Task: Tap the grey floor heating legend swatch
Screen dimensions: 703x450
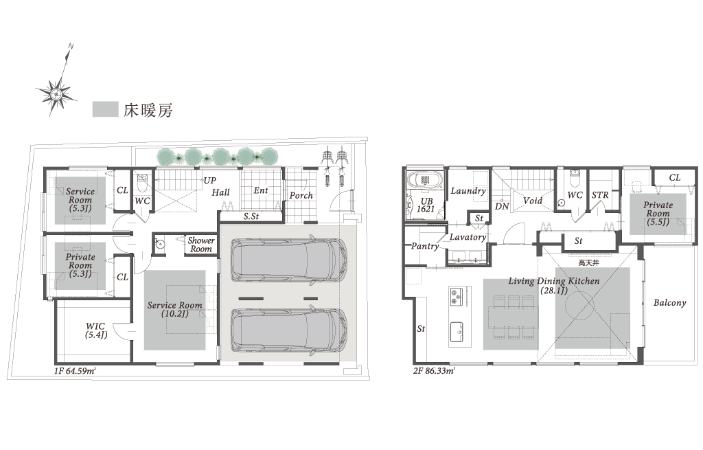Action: [105, 109]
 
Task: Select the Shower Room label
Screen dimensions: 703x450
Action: [201, 245]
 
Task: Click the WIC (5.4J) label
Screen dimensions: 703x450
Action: [96, 330]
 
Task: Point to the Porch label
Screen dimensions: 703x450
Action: [301, 196]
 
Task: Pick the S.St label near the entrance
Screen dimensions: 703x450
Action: [251, 216]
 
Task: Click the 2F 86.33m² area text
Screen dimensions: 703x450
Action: [434, 371]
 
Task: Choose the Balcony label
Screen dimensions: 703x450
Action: [669, 303]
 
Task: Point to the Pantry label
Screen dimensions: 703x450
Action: [425, 246]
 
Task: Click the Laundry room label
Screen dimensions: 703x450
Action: [468, 191]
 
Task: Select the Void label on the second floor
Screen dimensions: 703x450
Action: [533, 201]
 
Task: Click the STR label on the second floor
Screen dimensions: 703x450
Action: [600, 195]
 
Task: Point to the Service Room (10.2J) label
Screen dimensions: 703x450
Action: [174, 309]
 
